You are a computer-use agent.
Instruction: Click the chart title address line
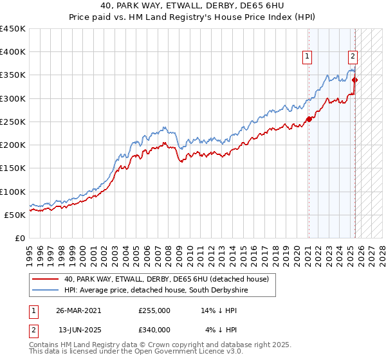[192, 5]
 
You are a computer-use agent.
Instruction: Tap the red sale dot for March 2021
[309, 119]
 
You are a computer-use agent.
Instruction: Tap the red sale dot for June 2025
[355, 80]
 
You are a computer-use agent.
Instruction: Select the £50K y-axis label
[15, 215]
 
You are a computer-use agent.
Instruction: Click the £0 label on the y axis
[20, 238]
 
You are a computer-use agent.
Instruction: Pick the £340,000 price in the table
[154, 330]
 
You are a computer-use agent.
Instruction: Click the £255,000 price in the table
[154, 310]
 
